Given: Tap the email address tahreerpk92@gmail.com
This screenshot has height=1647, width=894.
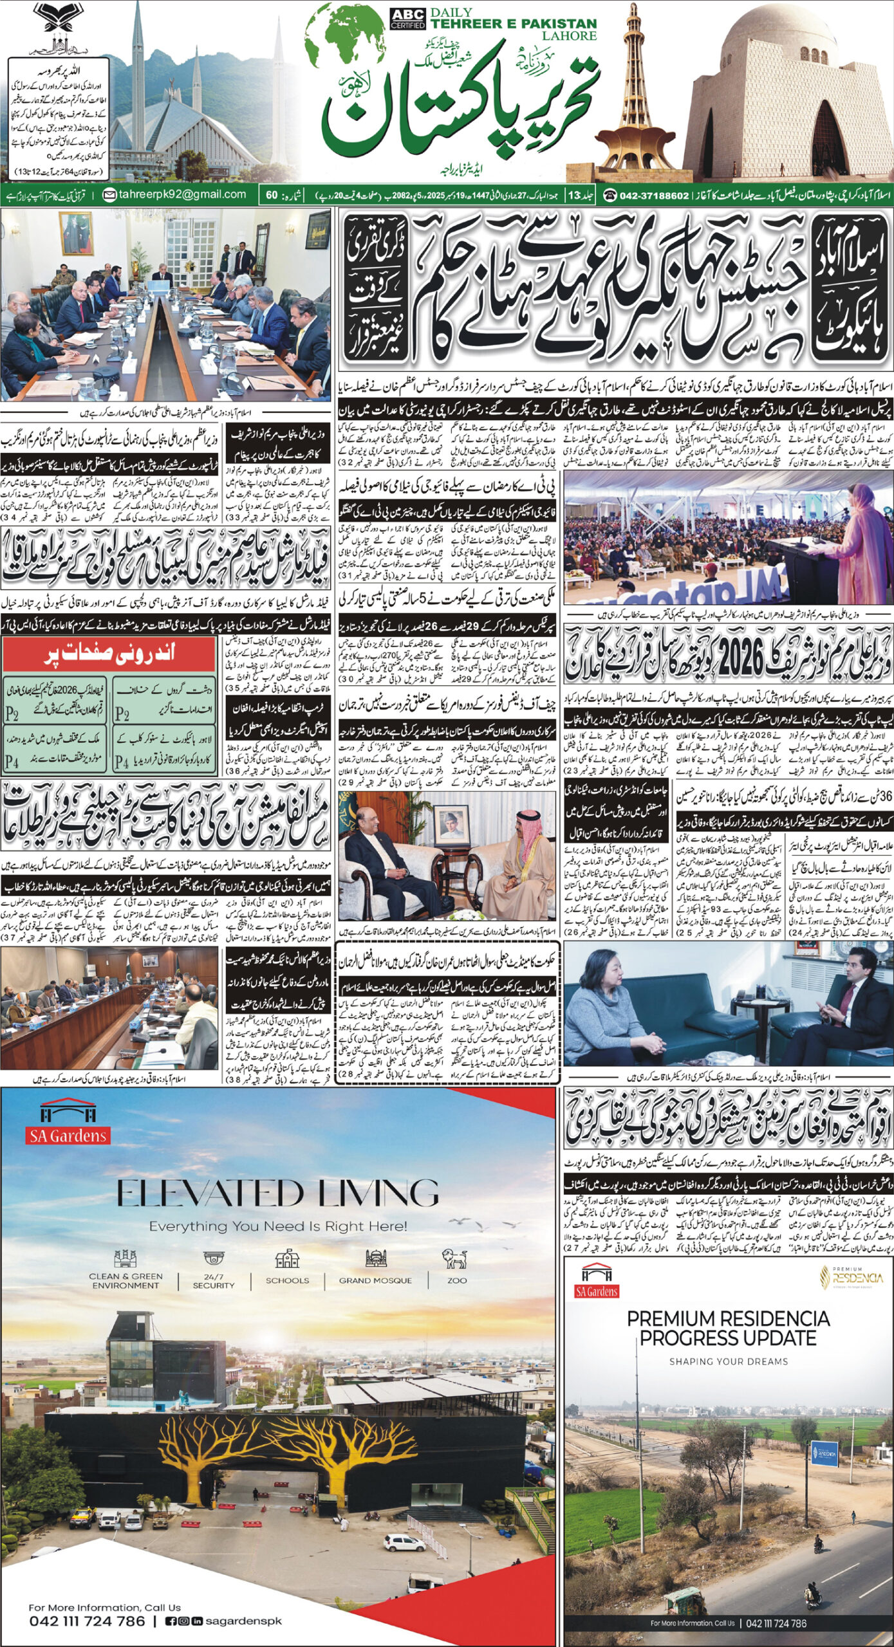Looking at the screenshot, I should (x=182, y=194).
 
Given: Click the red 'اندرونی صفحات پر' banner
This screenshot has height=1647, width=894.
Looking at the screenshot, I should (x=109, y=654).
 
